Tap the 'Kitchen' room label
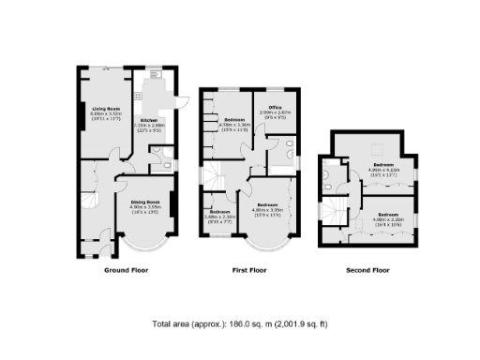pos(148,120)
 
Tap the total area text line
pos(240,323)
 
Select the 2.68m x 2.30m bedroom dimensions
pos(220,221)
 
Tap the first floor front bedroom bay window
pos(267,247)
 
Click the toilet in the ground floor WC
pos(165,167)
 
